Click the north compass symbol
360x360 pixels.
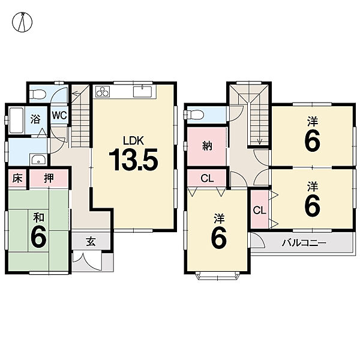[22, 22]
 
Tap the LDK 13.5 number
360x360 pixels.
[133, 160]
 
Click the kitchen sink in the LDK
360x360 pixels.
[142, 92]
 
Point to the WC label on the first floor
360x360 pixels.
[59, 115]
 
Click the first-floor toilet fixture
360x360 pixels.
[38, 94]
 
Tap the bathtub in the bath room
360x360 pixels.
[16, 120]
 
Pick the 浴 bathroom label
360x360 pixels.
[35, 119]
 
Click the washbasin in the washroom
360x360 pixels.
[39, 160]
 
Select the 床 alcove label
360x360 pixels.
[17, 179]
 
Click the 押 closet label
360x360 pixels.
[49, 178]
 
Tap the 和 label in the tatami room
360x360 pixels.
[38, 218]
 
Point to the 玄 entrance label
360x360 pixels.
[91, 242]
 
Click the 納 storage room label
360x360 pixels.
[208, 146]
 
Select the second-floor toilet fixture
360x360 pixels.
[194, 115]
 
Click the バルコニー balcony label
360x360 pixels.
[304, 243]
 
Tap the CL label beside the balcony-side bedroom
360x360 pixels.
[259, 211]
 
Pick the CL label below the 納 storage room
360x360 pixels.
[207, 178]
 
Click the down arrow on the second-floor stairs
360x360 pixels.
[259, 141]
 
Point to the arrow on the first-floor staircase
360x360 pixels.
[76, 94]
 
